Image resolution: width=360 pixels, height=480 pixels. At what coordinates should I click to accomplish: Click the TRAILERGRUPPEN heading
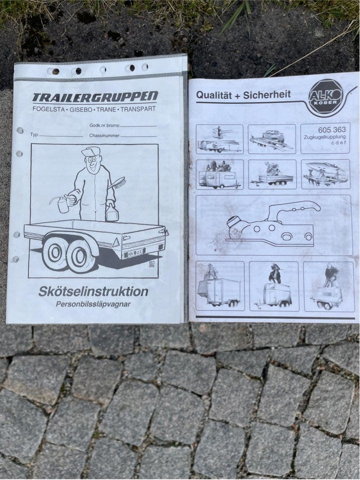95,97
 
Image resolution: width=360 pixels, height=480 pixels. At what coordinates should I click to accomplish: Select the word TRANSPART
138,108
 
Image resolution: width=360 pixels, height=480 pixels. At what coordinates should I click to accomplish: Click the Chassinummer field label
104,135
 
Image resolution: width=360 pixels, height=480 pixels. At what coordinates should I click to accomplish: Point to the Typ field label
34,135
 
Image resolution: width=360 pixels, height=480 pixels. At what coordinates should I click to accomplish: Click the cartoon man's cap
90,151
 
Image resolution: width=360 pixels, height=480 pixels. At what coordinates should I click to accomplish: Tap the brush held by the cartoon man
117,182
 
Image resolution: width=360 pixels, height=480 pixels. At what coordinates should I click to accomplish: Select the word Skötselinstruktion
93,291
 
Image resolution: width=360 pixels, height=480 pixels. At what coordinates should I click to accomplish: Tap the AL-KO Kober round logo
325,96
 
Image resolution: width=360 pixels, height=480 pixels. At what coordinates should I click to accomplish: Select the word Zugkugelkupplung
324,137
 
